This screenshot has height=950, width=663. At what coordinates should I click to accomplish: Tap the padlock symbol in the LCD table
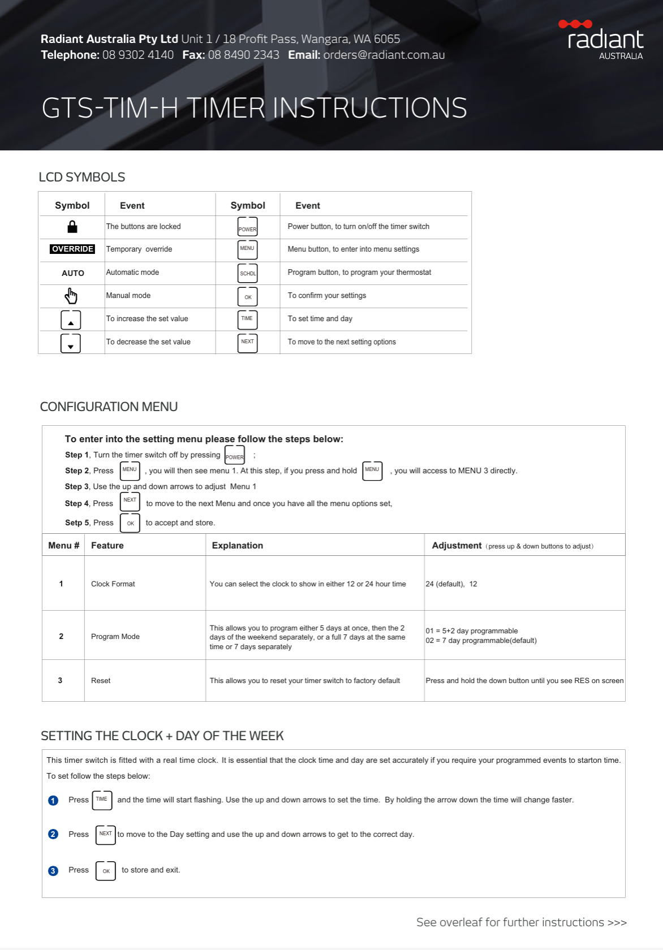click(x=72, y=227)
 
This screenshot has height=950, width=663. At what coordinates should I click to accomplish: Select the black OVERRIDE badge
click(x=72, y=249)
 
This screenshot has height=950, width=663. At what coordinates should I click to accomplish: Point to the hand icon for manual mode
click(x=71, y=296)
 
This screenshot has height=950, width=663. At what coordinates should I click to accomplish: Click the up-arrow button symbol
click(x=71, y=319)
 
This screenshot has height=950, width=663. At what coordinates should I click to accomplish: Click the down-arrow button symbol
click(x=71, y=343)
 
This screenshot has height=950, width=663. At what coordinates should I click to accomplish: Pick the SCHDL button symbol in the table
click(x=248, y=273)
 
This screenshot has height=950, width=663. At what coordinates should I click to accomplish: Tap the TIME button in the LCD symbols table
click(x=247, y=319)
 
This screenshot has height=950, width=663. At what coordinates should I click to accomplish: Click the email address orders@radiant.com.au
click(x=384, y=55)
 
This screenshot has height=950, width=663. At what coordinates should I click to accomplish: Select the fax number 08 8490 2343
click(x=243, y=55)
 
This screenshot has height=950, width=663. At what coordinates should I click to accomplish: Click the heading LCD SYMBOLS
click(x=82, y=177)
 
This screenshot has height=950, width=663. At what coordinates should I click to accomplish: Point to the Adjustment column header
click(x=457, y=545)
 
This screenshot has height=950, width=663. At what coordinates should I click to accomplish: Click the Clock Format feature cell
click(x=113, y=584)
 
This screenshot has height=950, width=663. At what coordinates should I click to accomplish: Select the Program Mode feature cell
click(x=115, y=636)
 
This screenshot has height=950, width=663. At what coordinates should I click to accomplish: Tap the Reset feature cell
click(x=101, y=680)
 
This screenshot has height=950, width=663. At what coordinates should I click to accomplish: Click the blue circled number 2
click(x=53, y=834)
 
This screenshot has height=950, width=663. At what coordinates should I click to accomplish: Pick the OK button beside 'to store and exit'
click(x=106, y=871)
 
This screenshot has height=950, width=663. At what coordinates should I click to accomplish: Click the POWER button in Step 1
click(x=235, y=455)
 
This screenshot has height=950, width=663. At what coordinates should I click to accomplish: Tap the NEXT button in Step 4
click(x=130, y=502)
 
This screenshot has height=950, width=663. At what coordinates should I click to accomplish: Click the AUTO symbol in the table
click(x=73, y=273)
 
